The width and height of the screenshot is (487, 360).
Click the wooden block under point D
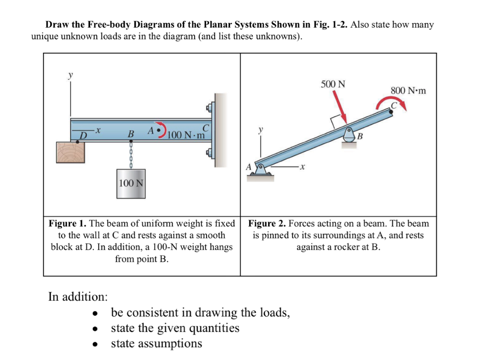pyautogui.click(x=70, y=152)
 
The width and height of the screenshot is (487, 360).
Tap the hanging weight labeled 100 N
pyautogui.click(x=131, y=184)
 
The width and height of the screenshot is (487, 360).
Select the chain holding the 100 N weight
pyautogui.click(x=130, y=155)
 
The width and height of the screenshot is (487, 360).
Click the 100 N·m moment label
pyautogui.click(x=186, y=135)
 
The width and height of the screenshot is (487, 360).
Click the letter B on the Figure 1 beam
pyautogui.click(x=130, y=134)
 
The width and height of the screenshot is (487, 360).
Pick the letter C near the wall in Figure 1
pyautogui.click(x=205, y=128)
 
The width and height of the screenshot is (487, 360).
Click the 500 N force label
pyautogui.click(x=333, y=84)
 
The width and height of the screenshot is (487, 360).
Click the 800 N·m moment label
pyautogui.click(x=408, y=91)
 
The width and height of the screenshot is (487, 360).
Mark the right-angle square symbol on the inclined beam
pyautogui.click(x=335, y=121)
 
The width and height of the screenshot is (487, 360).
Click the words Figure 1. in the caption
pyautogui.click(x=67, y=223)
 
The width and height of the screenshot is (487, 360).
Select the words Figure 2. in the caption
pyautogui.click(x=267, y=223)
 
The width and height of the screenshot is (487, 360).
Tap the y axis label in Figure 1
pyautogui.click(x=70, y=75)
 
